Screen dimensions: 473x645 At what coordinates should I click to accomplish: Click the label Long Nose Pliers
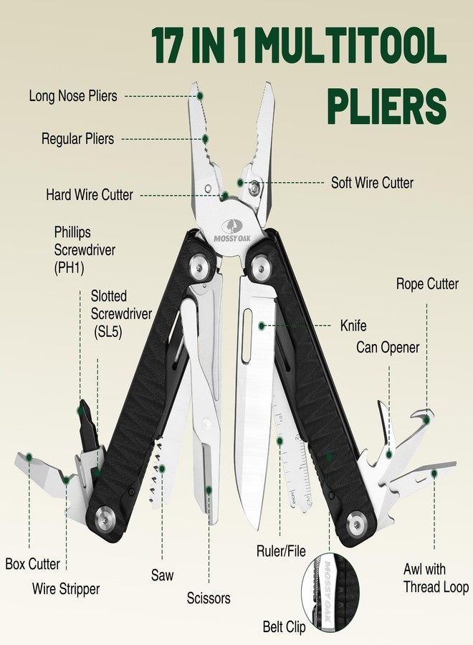coord(73,96)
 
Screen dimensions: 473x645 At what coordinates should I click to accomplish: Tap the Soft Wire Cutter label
coord(372,183)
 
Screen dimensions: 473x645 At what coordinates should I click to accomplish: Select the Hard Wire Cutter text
coord(90,194)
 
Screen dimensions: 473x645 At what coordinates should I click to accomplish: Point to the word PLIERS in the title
coord(386,106)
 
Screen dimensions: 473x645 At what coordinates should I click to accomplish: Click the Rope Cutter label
coord(427,284)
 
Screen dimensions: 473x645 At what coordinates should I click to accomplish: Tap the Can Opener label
coord(388,347)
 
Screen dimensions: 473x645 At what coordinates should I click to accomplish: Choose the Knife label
coord(353,326)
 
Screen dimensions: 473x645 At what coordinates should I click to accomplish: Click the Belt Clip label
coord(285,627)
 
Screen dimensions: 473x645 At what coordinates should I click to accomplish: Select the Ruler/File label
coord(282,551)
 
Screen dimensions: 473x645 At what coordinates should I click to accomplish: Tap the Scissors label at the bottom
coord(209,598)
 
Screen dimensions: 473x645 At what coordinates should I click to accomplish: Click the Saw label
coord(162,575)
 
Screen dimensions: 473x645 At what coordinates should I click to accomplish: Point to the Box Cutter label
coord(32,563)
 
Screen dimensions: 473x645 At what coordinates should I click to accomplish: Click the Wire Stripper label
coord(66,588)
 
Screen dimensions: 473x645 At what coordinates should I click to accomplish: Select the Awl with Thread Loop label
coord(436,578)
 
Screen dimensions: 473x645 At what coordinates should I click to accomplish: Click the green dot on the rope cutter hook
coord(426,419)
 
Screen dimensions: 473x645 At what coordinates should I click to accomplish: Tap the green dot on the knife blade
coord(261,326)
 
